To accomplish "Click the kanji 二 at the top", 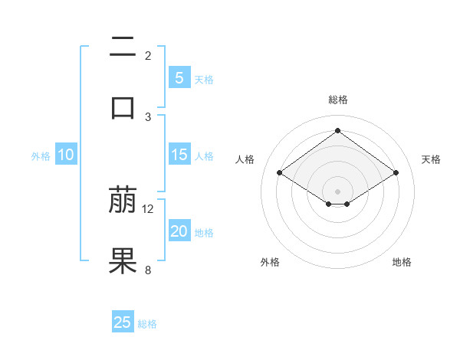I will [123, 47].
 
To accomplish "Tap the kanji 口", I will [123, 106].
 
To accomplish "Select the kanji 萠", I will [123, 201].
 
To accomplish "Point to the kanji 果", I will [123, 260].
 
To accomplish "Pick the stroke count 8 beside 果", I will [148, 270].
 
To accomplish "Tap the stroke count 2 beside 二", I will [148, 56].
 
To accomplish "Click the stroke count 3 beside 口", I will [148, 116].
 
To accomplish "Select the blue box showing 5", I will [179, 78].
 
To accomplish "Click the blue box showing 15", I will [179, 155].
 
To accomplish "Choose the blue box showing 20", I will [179, 231].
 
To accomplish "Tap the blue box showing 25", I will [123, 322].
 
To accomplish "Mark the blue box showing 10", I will [66, 155].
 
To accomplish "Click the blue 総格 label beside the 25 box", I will [147, 324].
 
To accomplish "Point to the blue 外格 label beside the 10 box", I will [40, 156].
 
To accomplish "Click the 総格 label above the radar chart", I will [337, 100].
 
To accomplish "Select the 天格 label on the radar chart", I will [431, 159].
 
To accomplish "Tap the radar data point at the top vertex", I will [337, 131].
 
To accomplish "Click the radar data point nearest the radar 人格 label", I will [279, 173].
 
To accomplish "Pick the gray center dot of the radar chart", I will [337, 190].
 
